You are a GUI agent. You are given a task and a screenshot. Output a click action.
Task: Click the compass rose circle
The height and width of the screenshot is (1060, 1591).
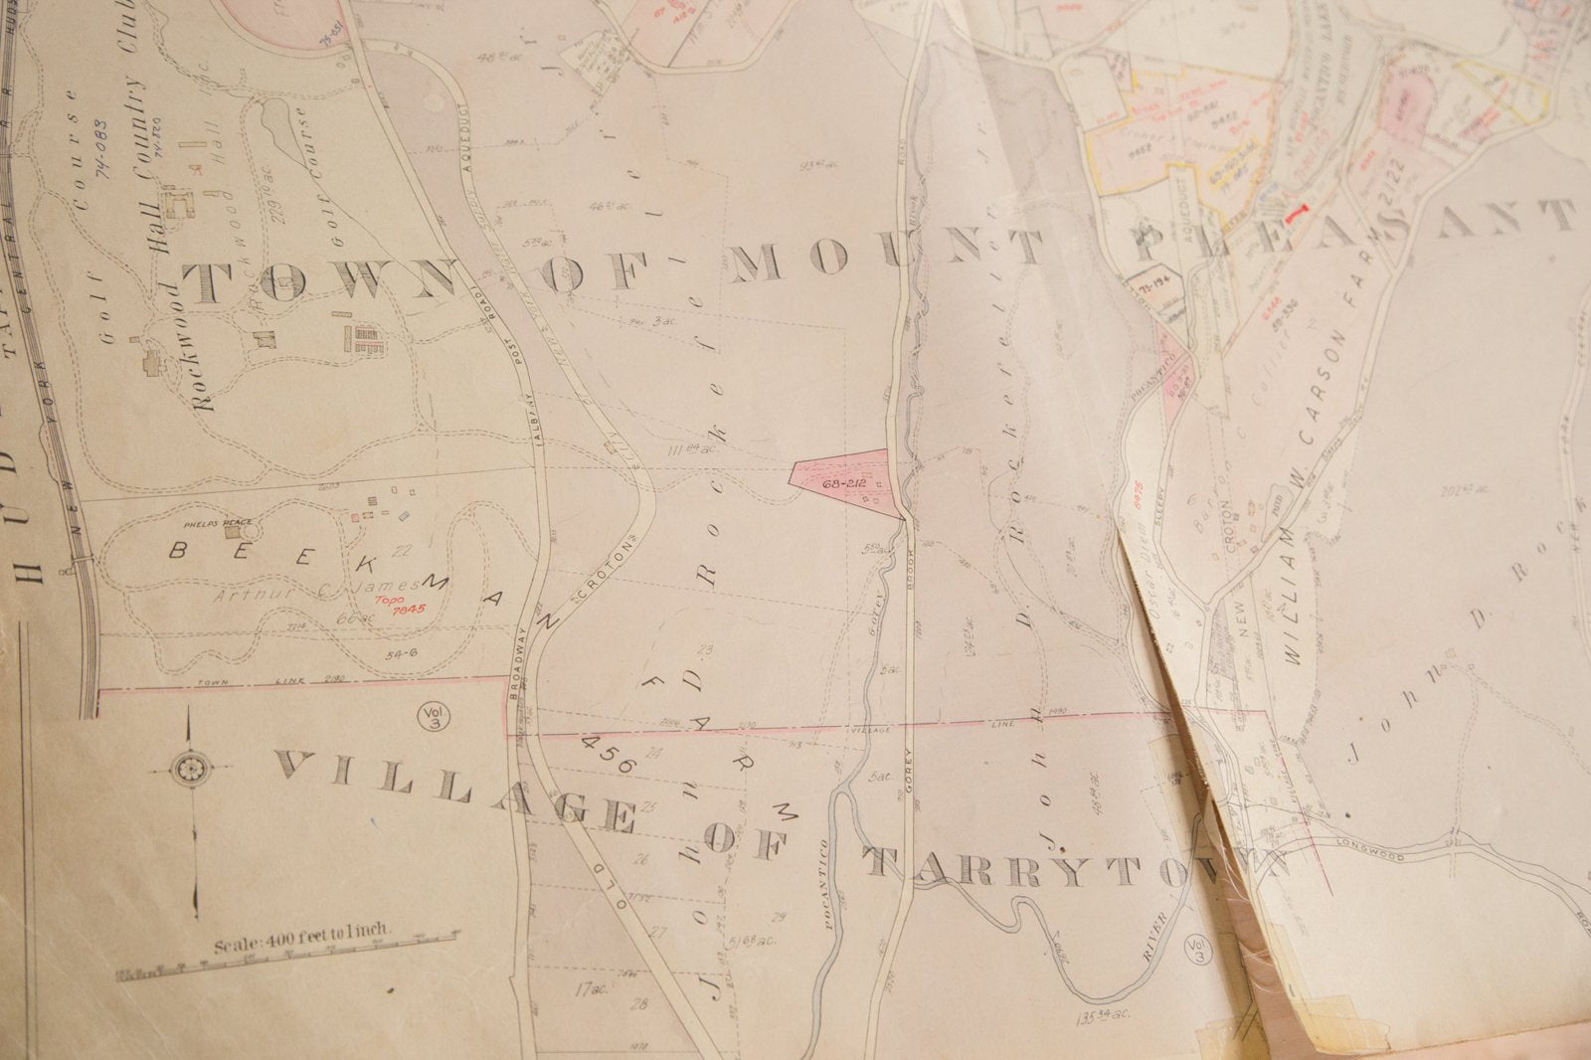pos(187,768)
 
